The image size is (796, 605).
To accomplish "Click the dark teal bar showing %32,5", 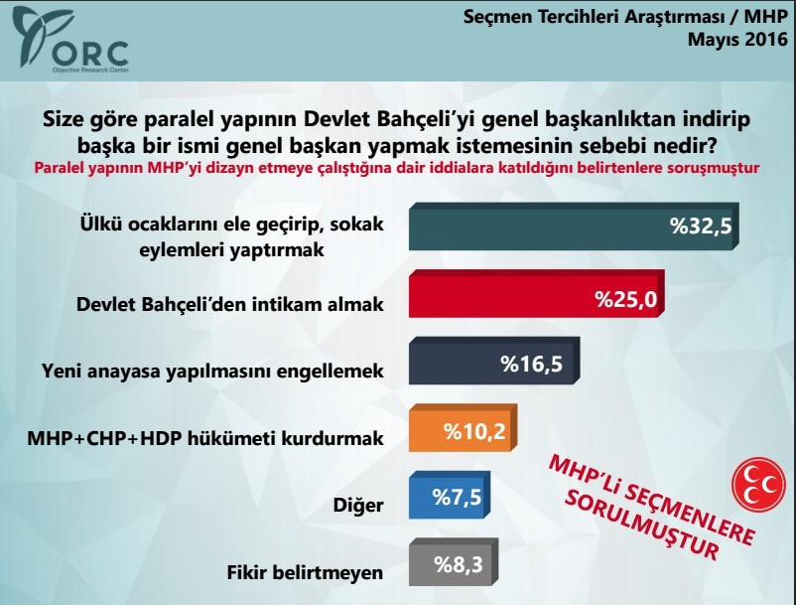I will [576, 226].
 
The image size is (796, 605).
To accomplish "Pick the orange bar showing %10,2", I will [463, 430].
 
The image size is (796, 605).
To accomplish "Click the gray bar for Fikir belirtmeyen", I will [452, 566].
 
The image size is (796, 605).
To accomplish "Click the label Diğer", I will [360, 505].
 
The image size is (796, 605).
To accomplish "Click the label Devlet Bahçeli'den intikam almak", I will [229, 304].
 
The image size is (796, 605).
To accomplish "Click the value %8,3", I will [460, 566].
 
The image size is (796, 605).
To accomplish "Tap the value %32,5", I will [701, 226].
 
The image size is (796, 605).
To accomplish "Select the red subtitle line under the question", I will [397, 168].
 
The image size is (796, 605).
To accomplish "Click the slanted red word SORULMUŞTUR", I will [641, 522].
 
